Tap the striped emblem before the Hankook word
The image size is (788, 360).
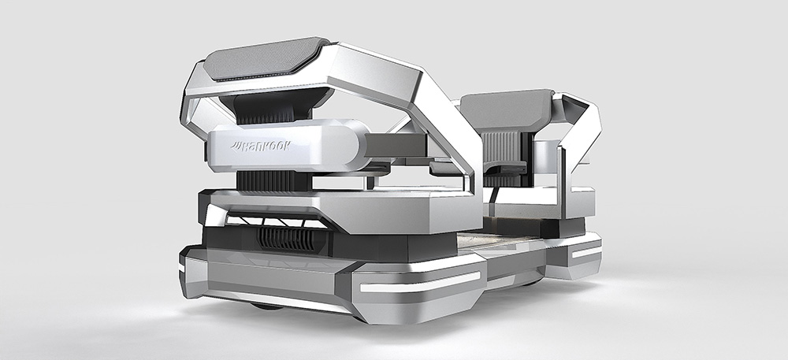tap(236, 146)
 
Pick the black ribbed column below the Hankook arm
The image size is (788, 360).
tap(274, 180)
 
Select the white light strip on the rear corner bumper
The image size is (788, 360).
tap(586, 251)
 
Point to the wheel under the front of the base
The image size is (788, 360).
tap(267, 306)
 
